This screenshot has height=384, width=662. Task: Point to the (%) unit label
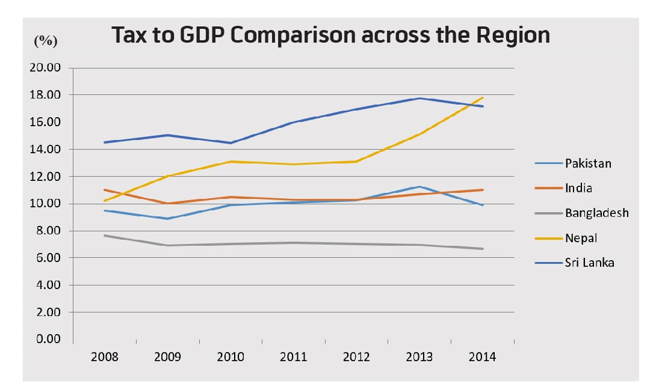coord(46,41)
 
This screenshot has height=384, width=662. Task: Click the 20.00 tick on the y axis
coord(46,67)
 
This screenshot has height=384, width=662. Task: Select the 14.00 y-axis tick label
coord(46,149)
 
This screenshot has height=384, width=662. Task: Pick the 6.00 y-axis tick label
coord(48,258)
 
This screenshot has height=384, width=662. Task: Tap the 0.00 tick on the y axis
coord(48,340)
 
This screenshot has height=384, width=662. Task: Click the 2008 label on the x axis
coord(104,357)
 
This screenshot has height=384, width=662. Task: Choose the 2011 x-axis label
coord(293,357)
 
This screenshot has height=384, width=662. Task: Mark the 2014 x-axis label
coord(482,357)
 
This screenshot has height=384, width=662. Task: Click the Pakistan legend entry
coord(587,163)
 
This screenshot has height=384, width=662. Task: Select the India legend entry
coord(578,188)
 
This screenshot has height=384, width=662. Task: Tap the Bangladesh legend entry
coord(596,213)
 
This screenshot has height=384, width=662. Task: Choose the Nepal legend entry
coord(581,238)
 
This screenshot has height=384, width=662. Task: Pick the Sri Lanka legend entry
coord(589,263)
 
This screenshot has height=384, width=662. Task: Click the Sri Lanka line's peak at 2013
coord(419,98)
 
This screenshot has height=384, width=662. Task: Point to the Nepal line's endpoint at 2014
coord(483,97)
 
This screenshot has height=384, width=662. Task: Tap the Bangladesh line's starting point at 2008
coord(105,236)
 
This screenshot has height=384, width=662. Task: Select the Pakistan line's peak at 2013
coord(419,186)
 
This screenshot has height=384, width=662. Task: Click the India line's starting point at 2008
coord(105,190)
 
